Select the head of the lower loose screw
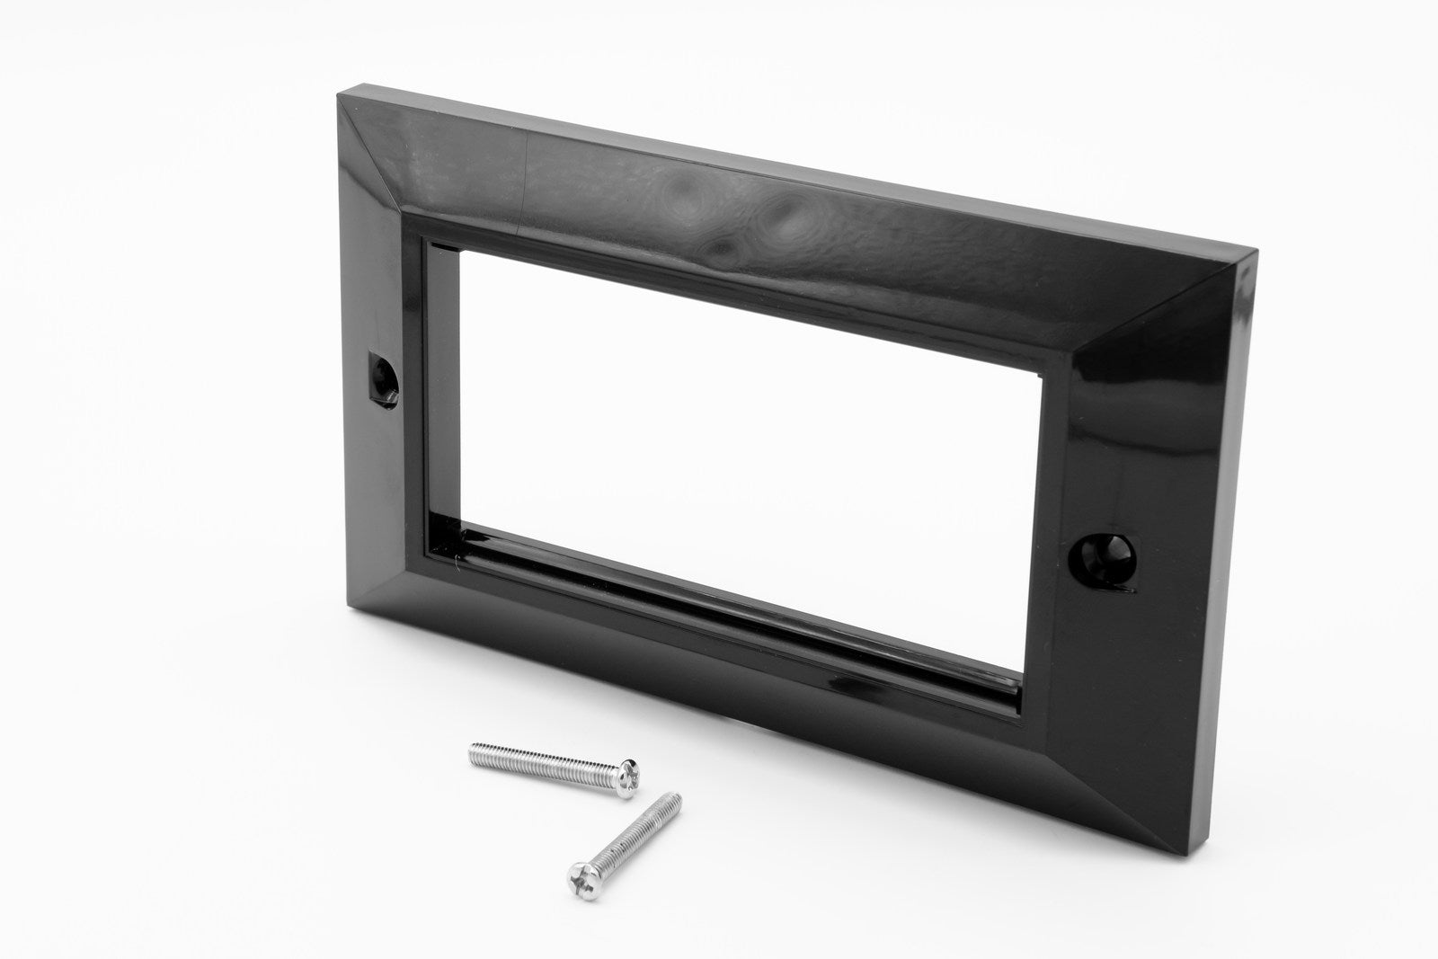coord(581,871)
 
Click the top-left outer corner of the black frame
coord(340,87)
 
